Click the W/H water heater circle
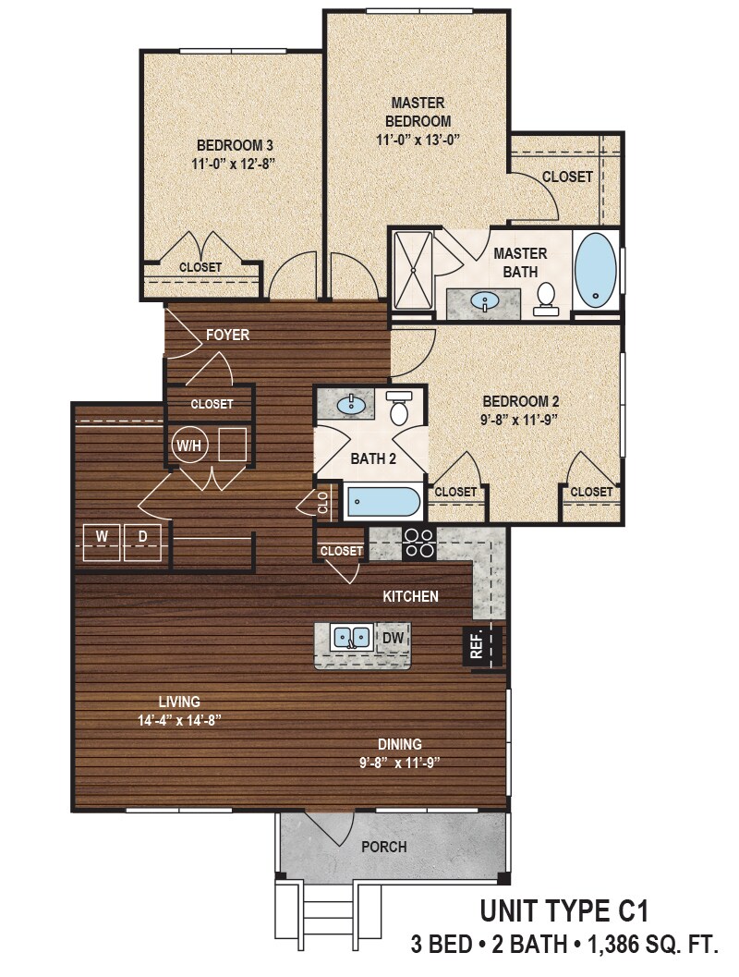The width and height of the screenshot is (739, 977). pyautogui.click(x=188, y=445)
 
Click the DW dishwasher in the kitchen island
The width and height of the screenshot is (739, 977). pyautogui.click(x=392, y=637)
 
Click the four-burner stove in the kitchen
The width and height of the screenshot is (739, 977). pyautogui.click(x=418, y=543)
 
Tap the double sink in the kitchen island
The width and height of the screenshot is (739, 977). pyautogui.click(x=352, y=637)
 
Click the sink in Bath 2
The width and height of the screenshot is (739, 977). pyautogui.click(x=350, y=404)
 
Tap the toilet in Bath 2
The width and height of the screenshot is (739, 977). pyautogui.click(x=400, y=409)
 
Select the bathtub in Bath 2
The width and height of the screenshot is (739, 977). pyautogui.click(x=383, y=504)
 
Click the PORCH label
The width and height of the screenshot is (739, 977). pyautogui.click(x=384, y=847)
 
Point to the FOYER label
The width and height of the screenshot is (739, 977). pyautogui.click(x=227, y=335)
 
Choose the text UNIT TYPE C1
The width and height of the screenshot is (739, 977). pyautogui.click(x=563, y=911)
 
